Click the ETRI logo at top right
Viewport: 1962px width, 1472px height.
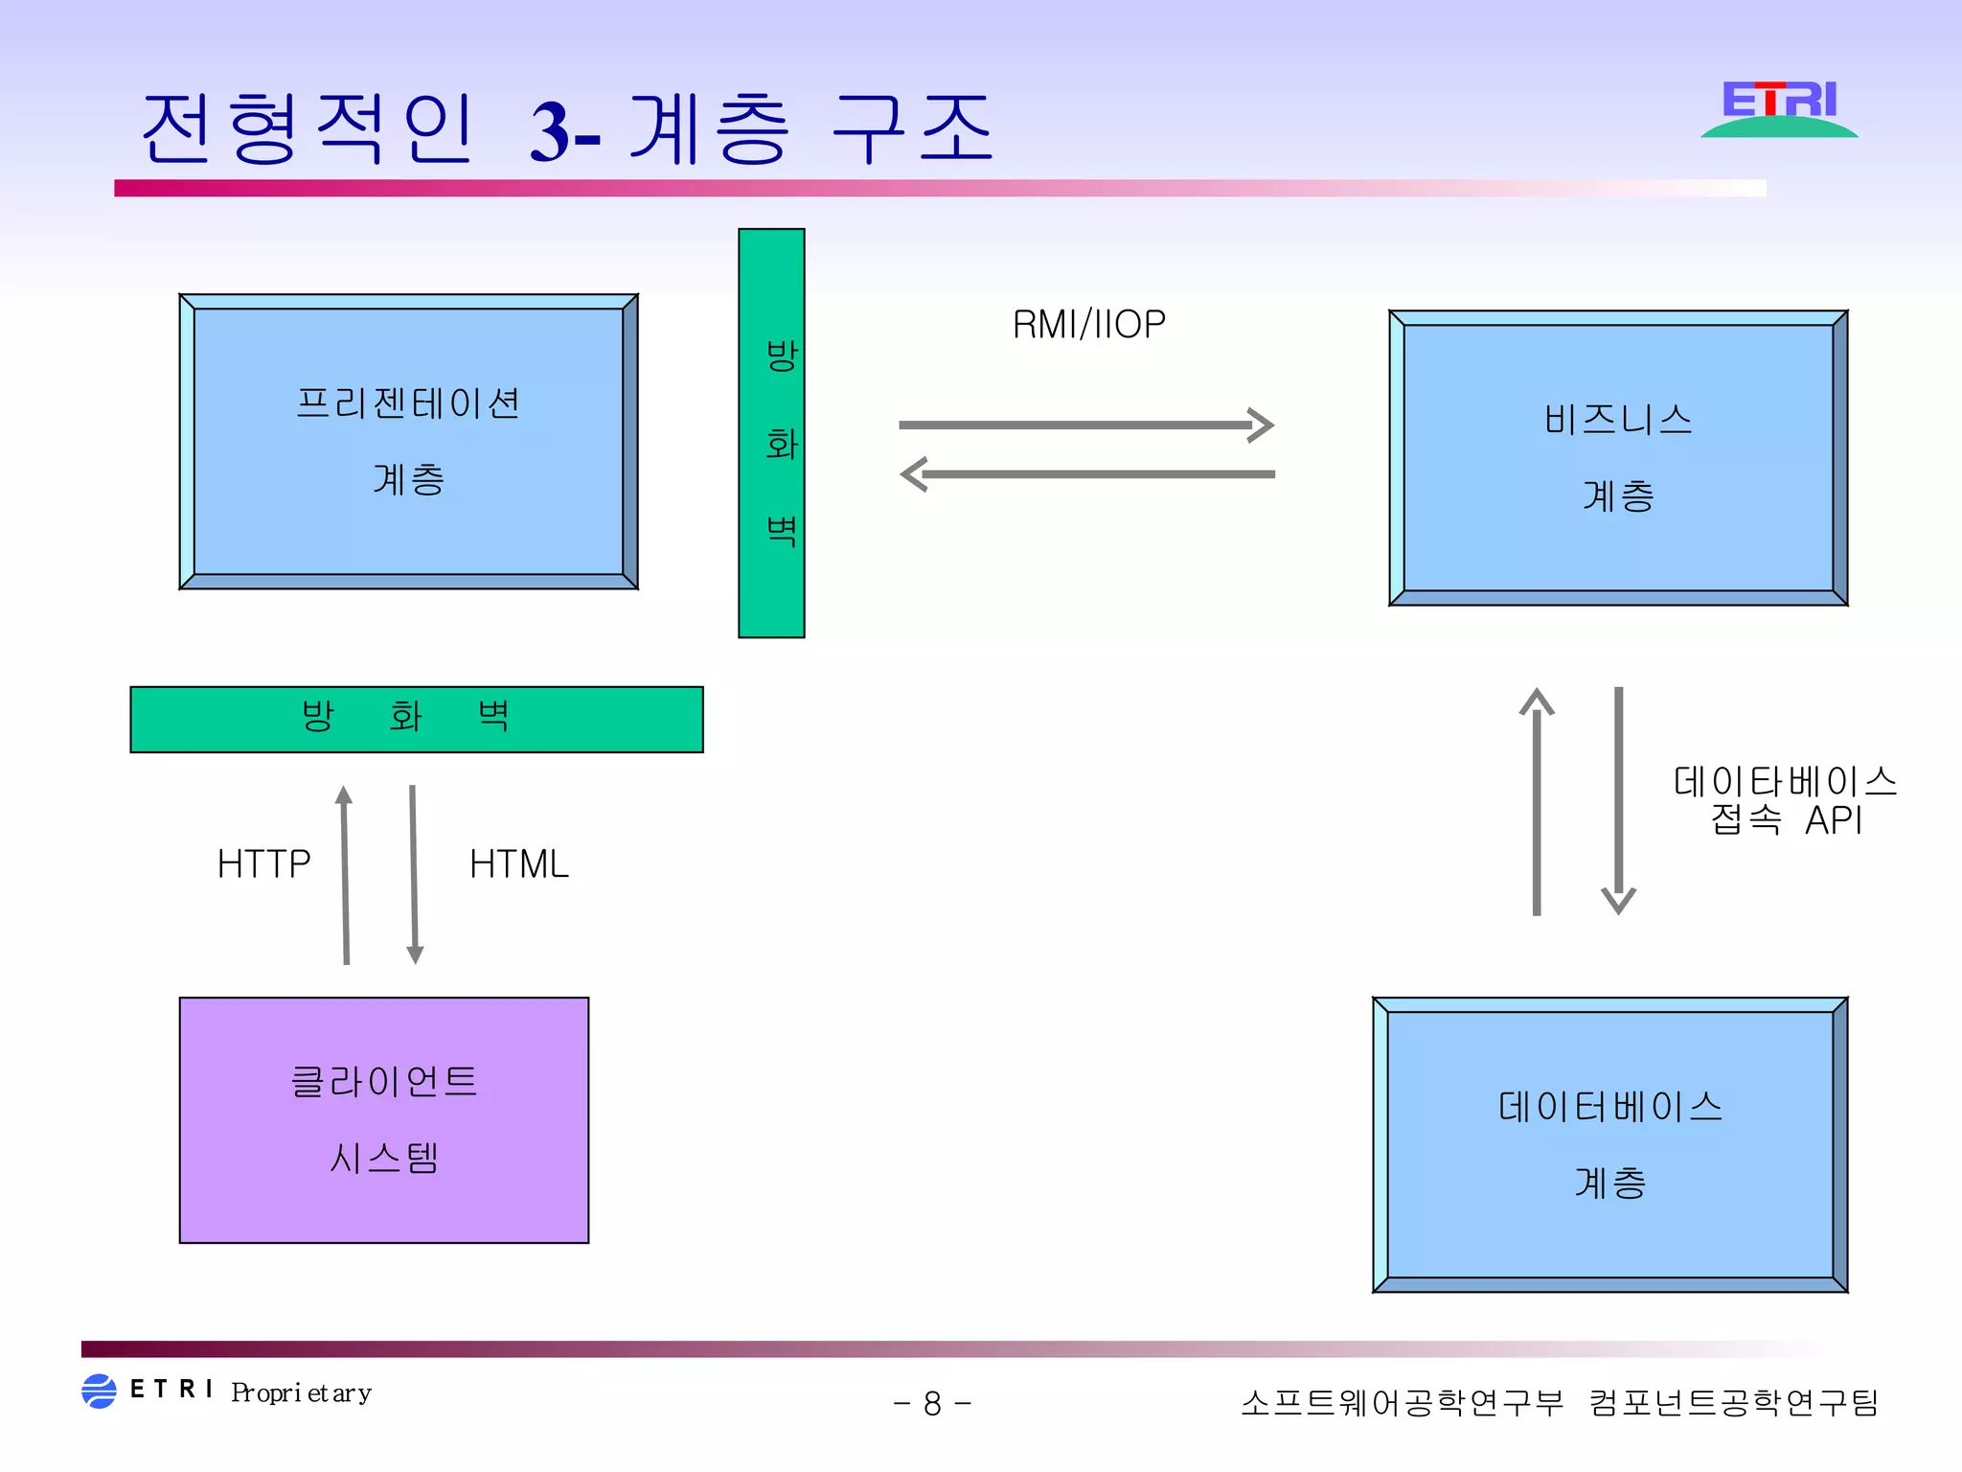coord(1779,108)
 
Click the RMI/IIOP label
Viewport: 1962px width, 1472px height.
coord(1088,325)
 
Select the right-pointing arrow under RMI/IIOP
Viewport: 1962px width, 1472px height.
coord(1085,425)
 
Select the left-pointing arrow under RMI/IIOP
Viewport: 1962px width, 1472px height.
coord(1087,473)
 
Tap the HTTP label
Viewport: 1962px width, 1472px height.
coord(263,864)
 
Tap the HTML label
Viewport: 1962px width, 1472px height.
coord(518,864)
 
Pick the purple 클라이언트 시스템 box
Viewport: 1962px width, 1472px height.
coord(384,1119)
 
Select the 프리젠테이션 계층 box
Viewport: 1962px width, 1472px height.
coord(408,442)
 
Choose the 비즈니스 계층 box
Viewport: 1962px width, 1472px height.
coord(1618,457)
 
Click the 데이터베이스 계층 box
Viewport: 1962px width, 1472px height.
coord(1609,1144)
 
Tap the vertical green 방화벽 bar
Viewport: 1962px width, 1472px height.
coord(771,433)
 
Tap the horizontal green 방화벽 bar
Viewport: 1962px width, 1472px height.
coord(417,719)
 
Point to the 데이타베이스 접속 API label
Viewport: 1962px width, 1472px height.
coord(1785,800)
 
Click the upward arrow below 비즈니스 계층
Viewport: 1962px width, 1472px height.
coord(1537,801)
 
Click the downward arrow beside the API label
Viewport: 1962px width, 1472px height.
coord(1618,801)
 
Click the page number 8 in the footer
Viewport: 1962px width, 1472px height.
coord(932,1404)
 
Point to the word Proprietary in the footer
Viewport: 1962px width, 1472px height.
coord(301,1392)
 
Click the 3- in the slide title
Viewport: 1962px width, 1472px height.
coord(565,132)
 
